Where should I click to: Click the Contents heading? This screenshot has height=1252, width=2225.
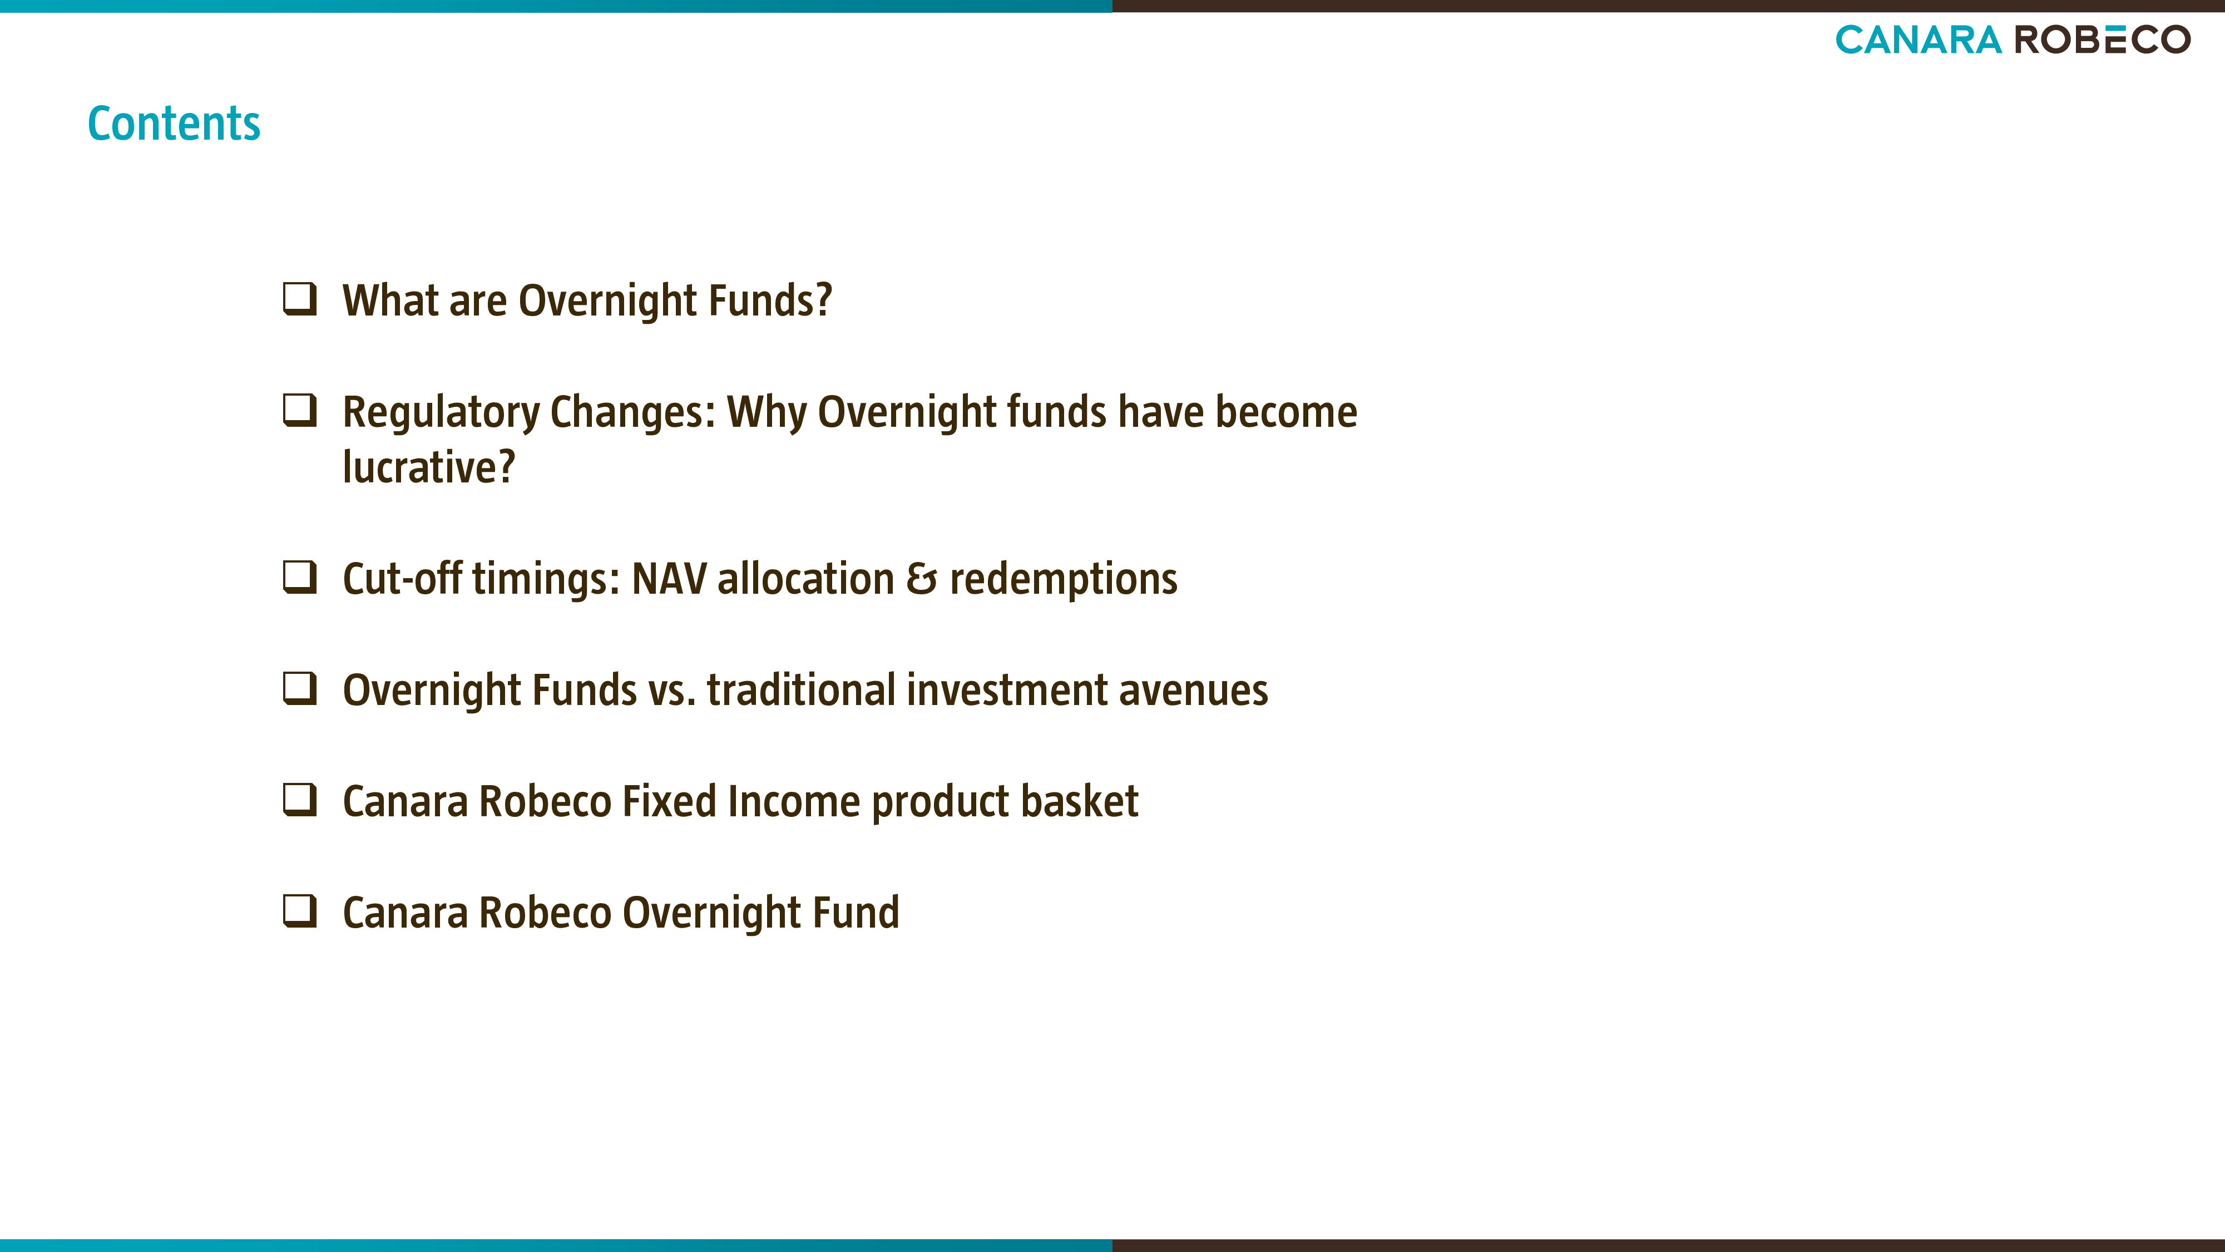pyautogui.click(x=174, y=124)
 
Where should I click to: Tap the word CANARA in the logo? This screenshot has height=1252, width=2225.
pyautogui.click(x=1917, y=40)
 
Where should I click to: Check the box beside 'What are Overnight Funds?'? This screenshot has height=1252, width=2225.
pyautogui.click(x=300, y=299)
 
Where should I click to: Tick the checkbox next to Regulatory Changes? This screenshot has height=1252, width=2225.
pyautogui.click(x=300, y=411)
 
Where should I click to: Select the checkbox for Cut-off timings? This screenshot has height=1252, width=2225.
pyautogui.click(x=300, y=577)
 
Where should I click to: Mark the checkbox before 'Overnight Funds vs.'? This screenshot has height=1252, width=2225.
pyautogui.click(x=300, y=689)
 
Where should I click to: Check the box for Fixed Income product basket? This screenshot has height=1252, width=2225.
pyautogui.click(x=300, y=800)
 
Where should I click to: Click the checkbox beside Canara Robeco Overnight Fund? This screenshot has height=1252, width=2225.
pyautogui.click(x=300, y=911)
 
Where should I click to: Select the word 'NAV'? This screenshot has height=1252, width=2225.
pyautogui.click(x=669, y=579)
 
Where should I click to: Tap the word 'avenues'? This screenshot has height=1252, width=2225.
pyautogui.click(x=1194, y=691)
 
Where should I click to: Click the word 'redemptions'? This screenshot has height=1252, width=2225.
pyautogui.click(x=1063, y=579)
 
